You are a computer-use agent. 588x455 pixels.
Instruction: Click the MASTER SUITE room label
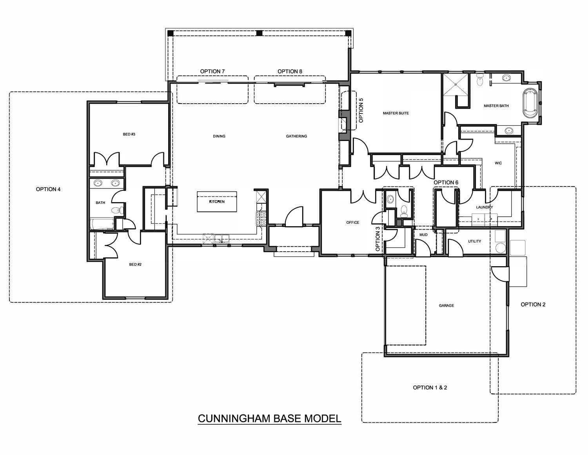click(396, 113)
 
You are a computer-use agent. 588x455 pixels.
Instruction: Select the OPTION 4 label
click(48, 189)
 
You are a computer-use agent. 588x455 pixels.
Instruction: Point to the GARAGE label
click(446, 305)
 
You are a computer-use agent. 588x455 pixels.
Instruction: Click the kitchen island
click(217, 202)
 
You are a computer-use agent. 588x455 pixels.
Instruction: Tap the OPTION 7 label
click(212, 71)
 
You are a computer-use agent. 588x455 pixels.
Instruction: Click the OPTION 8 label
click(290, 71)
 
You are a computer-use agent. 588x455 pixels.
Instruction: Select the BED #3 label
click(129, 134)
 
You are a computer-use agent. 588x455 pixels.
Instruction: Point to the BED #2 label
click(135, 264)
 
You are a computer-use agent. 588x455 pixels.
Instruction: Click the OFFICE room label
click(353, 223)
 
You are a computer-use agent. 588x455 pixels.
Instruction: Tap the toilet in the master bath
click(480, 79)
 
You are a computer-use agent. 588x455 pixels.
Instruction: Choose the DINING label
click(219, 136)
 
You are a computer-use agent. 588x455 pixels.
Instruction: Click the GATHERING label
click(297, 136)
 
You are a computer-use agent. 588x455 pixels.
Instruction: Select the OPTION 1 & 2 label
click(430, 387)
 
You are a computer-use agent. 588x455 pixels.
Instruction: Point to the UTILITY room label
click(475, 241)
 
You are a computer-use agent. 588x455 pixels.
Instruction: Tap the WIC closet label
click(498, 163)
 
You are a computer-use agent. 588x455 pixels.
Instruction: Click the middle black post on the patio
click(259, 33)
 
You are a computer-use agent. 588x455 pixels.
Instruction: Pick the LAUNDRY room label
click(485, 207)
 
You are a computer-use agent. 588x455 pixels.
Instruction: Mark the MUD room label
click(423, 235)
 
